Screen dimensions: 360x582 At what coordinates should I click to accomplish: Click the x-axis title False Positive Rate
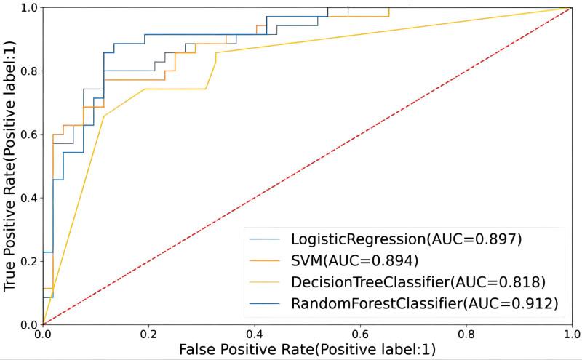pos(307,350)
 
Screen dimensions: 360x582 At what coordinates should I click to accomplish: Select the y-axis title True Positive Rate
pos(10,166)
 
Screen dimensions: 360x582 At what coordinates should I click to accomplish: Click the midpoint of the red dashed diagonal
pos(308,166)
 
